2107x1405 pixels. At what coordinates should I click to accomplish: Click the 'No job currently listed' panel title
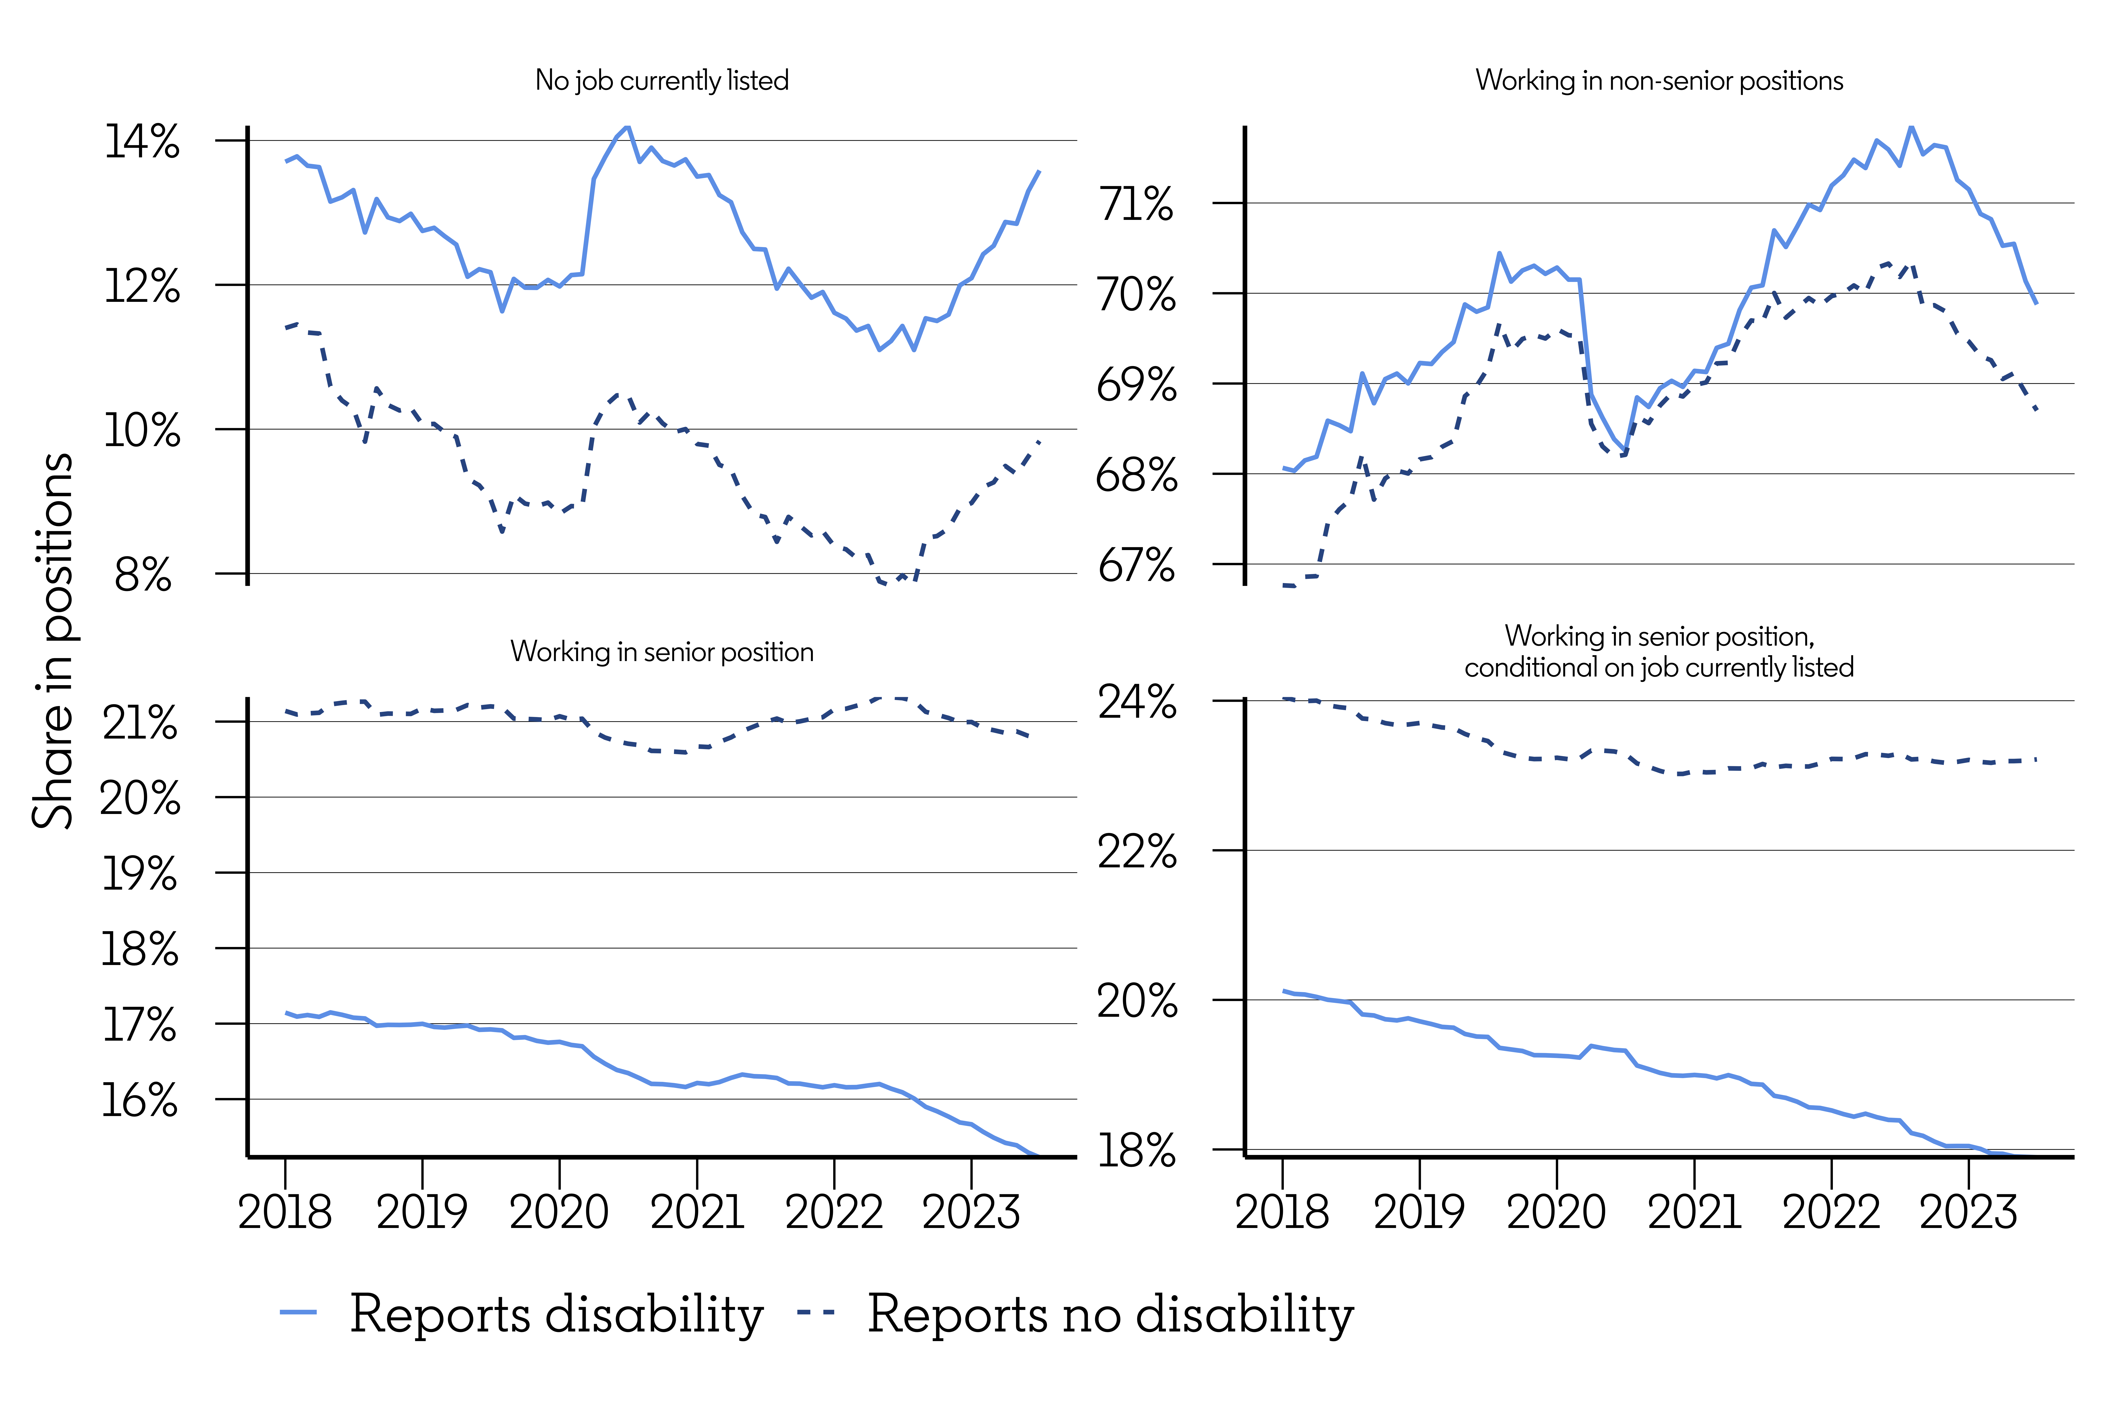click(x=662, y=81)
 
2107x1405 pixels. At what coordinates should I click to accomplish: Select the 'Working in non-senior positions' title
click(x=1659, y=81)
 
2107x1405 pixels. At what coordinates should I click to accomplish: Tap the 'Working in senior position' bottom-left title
click(x=662, y=651)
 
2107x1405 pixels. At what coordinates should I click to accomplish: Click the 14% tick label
click(x=142, y=142)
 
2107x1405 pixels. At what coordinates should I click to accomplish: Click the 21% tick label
click(x=140, y=722)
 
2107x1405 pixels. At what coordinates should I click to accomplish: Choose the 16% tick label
click(x=140, y=1099)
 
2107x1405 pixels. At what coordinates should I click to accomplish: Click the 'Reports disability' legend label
click(x=556, y=1315)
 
